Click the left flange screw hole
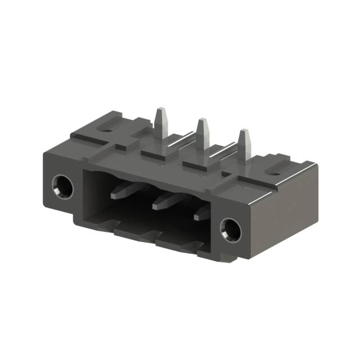[x=62, y=186]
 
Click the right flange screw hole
[x=231, y=228]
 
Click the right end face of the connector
[x=281, y=208]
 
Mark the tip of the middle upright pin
[x=201, y=120]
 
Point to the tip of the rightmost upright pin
[x=244, y=132]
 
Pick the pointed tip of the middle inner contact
[x=155, y=206]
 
